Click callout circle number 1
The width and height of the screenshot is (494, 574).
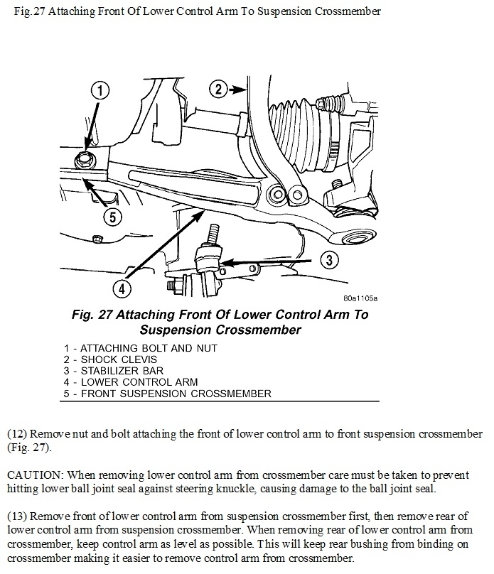tap(101, 91)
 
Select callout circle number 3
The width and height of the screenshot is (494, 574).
tap(327, 260)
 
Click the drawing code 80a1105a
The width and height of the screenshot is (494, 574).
tap(358, 298)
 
